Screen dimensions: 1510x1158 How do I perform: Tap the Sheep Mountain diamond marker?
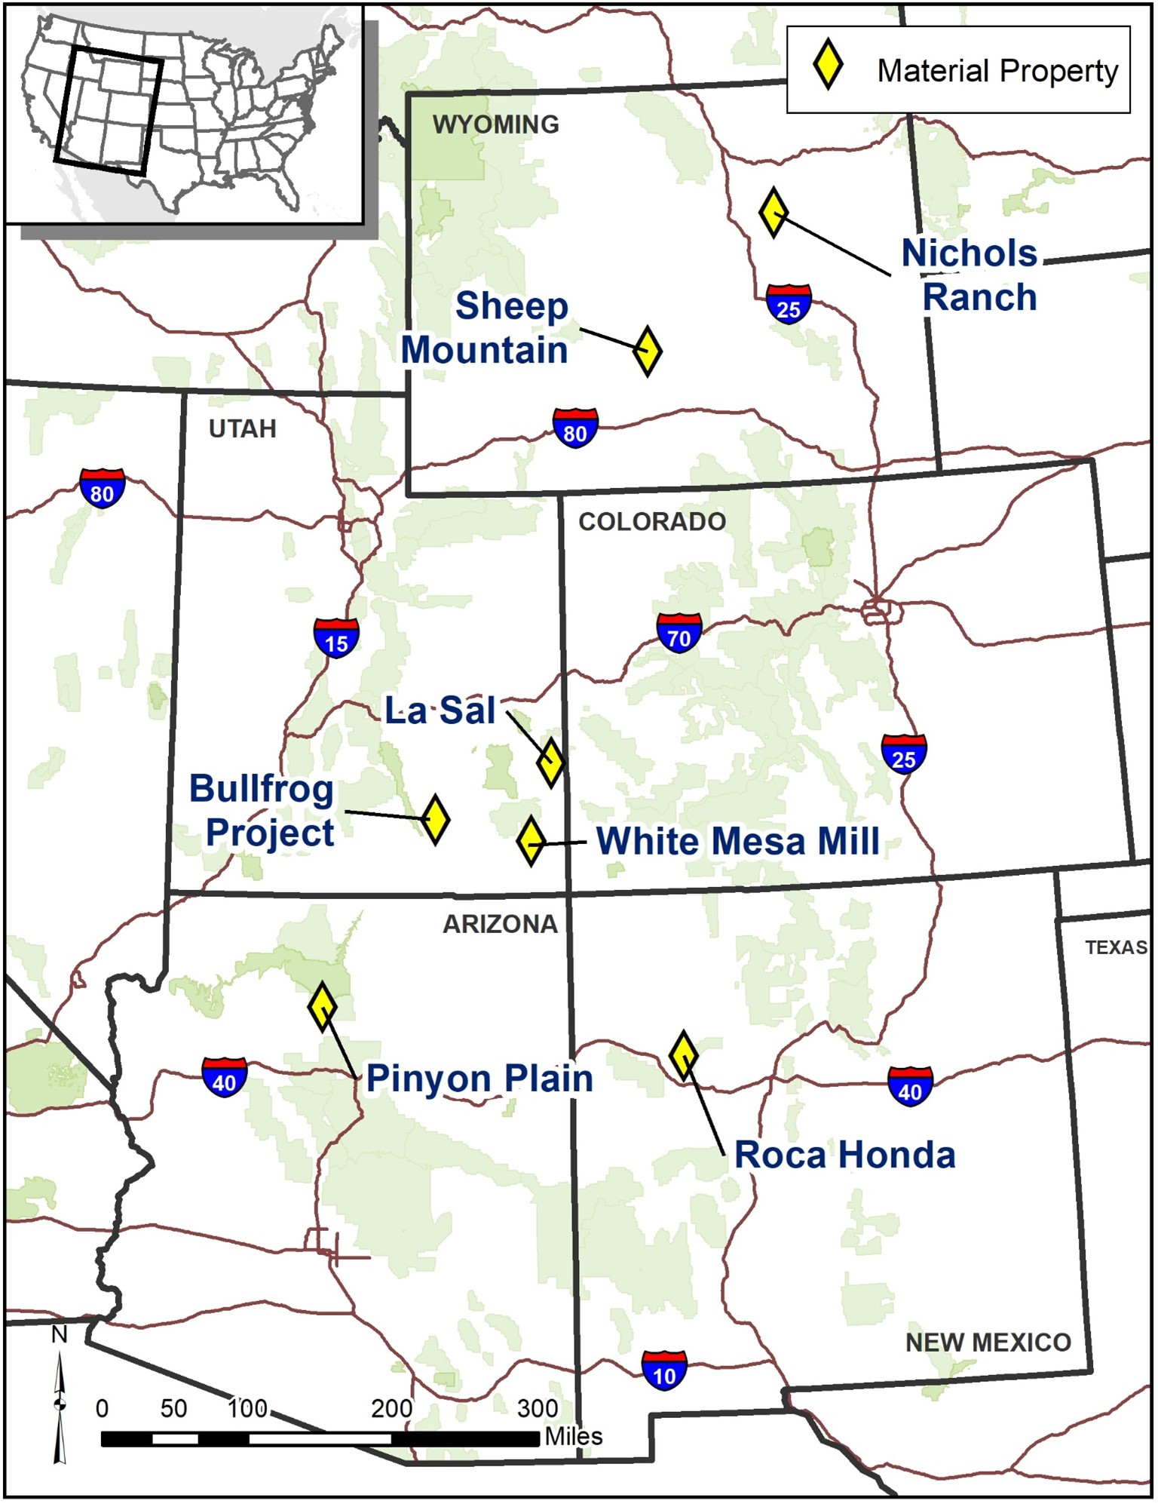point(648,351)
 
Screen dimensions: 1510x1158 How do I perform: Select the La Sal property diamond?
point(551,763)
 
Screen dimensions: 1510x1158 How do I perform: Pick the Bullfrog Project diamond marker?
point(435,820)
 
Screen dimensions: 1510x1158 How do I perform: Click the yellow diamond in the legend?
point(828,66)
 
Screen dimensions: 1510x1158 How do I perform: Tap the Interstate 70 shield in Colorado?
point(679,634)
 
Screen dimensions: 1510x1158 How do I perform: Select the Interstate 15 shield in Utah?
point(336,638)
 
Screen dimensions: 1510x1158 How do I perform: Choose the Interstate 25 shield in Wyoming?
point(789,304)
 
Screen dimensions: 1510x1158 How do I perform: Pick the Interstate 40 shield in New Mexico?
point(910,1087)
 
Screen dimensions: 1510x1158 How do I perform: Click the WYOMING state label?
point(496,124)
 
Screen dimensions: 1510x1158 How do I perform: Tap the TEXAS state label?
point(1116,948)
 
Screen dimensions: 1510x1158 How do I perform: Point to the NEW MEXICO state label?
point(988,1343)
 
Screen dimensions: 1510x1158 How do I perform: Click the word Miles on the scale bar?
point(574,1437)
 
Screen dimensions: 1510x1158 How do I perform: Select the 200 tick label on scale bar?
point(391,1409)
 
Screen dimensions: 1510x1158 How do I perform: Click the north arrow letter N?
point(59,1336)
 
